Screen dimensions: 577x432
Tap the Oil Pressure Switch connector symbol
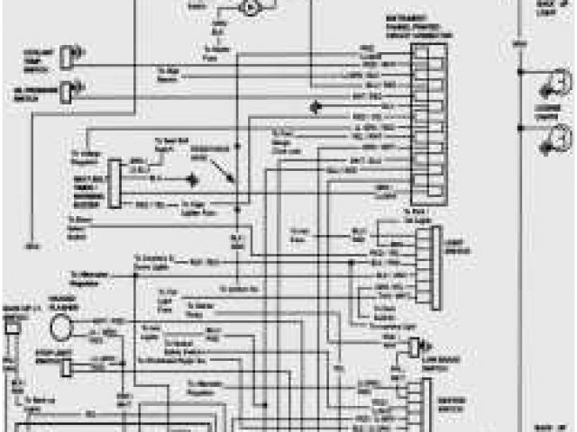tap(67, 89)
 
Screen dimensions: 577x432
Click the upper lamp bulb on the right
tap(545, 86)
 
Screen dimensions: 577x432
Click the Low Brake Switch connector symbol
tap(417, 346)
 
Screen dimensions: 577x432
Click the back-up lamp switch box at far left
tap(12, 330)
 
